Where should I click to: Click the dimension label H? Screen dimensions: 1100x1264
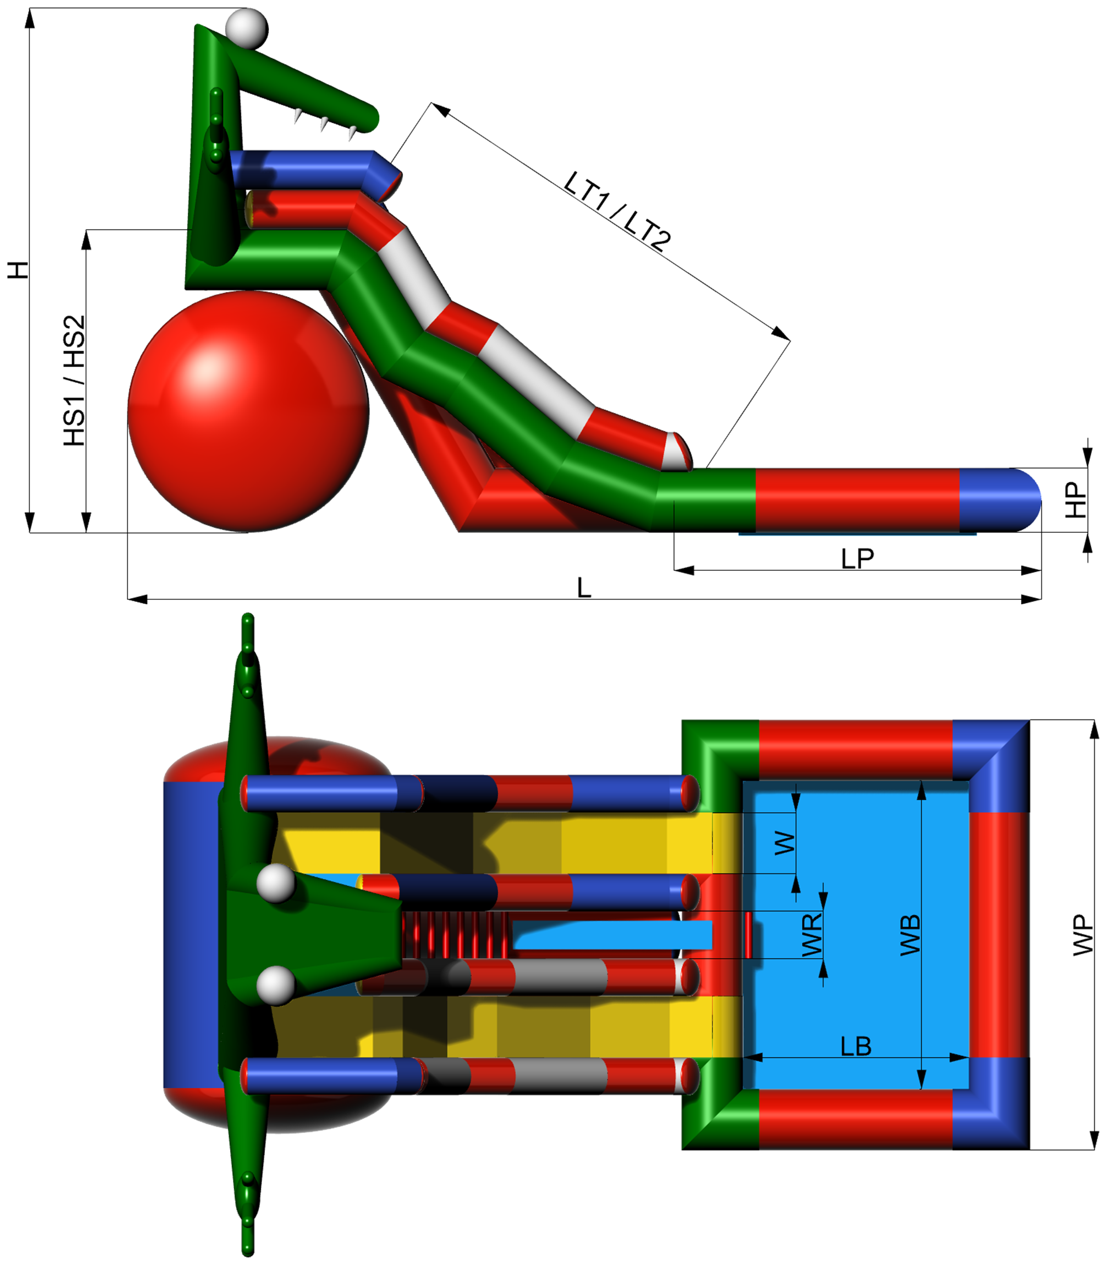[18, 269]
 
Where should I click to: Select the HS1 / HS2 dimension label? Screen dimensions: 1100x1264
[74, 380]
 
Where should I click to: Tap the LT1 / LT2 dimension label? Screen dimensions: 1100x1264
[617, 212]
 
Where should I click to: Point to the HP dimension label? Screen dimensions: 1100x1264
[1075, 500]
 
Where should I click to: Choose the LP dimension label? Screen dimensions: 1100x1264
[857, 558]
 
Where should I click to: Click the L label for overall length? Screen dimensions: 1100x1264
[584, 588]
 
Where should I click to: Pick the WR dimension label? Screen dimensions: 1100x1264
[812, 935]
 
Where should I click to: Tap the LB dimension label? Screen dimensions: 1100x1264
[856, 1046]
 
